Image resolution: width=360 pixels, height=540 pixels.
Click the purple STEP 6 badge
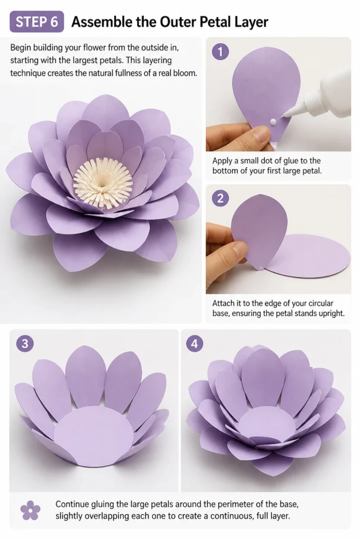[37, 22]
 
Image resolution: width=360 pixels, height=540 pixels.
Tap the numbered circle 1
[220, 52]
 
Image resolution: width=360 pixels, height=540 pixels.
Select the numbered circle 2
[220, 198]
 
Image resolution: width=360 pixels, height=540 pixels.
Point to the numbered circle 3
[25, 343]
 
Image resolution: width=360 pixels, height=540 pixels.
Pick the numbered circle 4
[194, 343]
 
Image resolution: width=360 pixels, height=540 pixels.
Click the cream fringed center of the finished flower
[103, 183]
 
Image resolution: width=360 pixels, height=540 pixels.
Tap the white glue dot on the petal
[273, 122]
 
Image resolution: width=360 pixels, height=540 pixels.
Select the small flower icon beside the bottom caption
[30, 510]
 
